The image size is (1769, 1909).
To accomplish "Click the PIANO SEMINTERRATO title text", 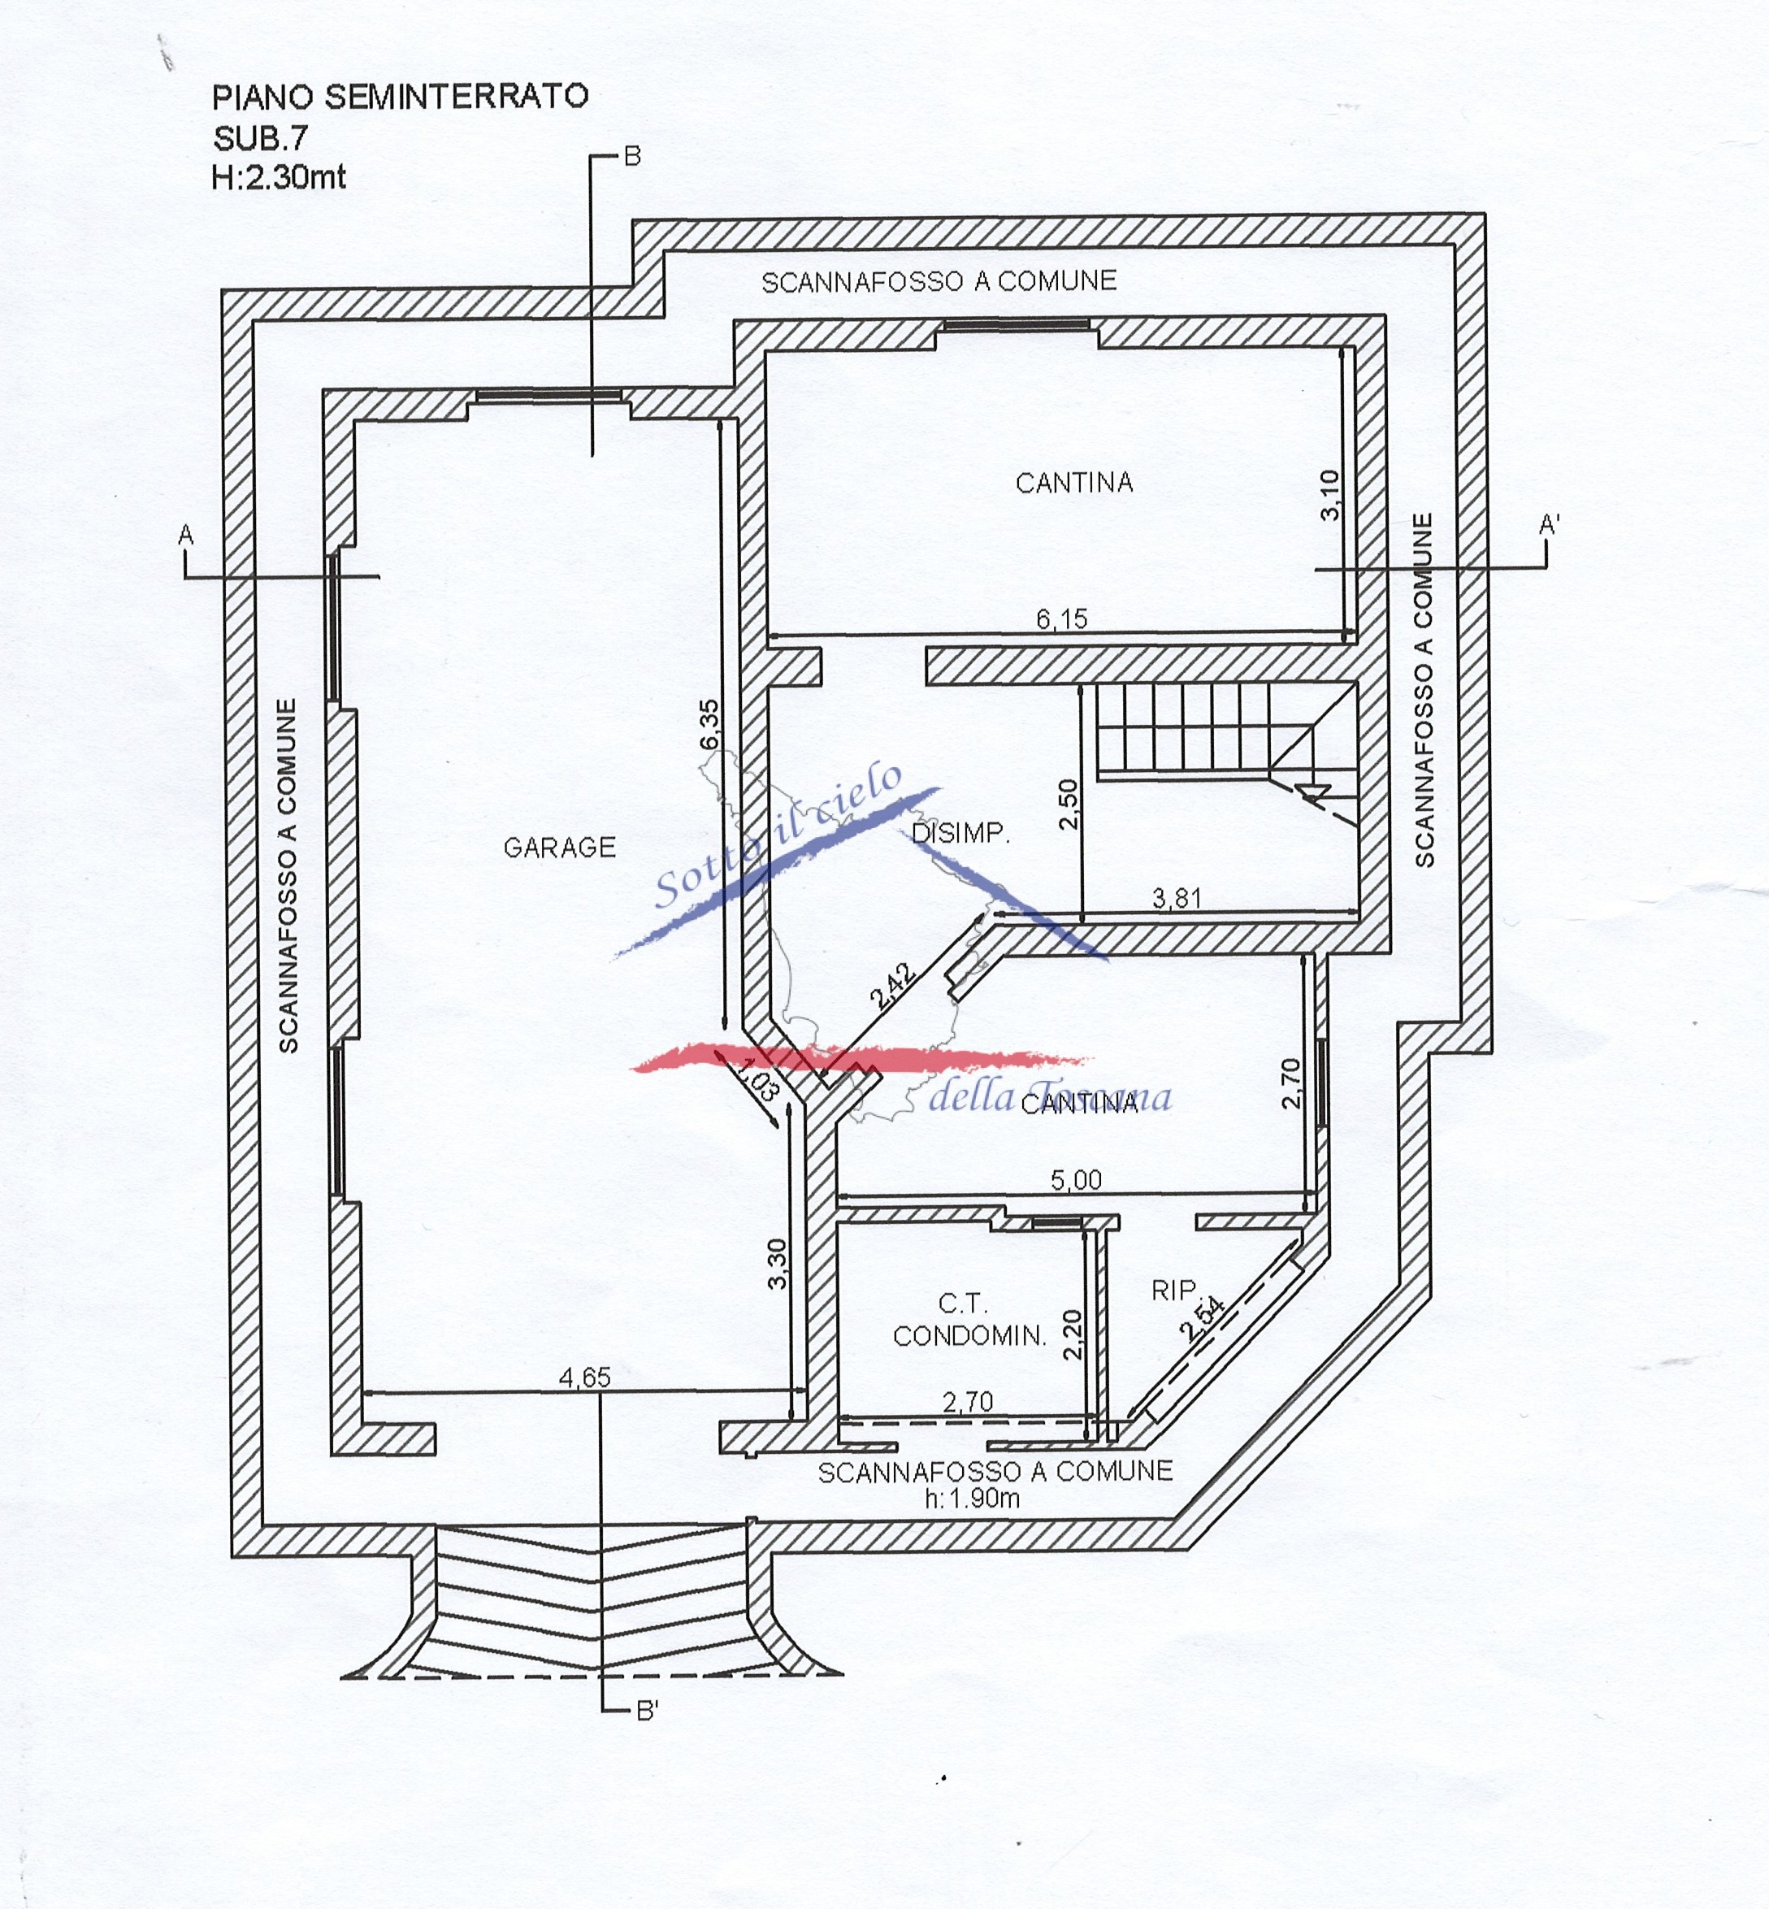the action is tap(400, 97).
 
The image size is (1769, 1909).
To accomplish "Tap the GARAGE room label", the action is tap(560, 848).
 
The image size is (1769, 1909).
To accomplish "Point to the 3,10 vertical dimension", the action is tap(1330, 495).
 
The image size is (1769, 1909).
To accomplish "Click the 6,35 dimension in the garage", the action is tap(709, 725).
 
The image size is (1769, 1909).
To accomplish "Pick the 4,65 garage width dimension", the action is tap(585, 1377).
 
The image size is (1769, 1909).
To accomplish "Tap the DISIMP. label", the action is tap(960, 833).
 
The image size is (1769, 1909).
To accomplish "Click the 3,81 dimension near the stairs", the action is tap(1177, 898).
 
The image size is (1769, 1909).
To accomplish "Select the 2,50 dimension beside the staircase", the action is tap(1069, 805).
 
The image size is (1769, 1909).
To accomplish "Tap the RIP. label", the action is tap(1174, 1291).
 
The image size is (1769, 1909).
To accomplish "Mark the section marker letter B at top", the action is tap(632, 156).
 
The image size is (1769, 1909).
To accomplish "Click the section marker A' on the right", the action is tap(1548, 525).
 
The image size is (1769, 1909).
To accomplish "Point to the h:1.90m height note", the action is tap(972, 1499).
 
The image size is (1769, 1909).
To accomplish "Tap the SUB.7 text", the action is tap(260, 139).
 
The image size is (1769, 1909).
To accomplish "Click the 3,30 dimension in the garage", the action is tap(778, 1264).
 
